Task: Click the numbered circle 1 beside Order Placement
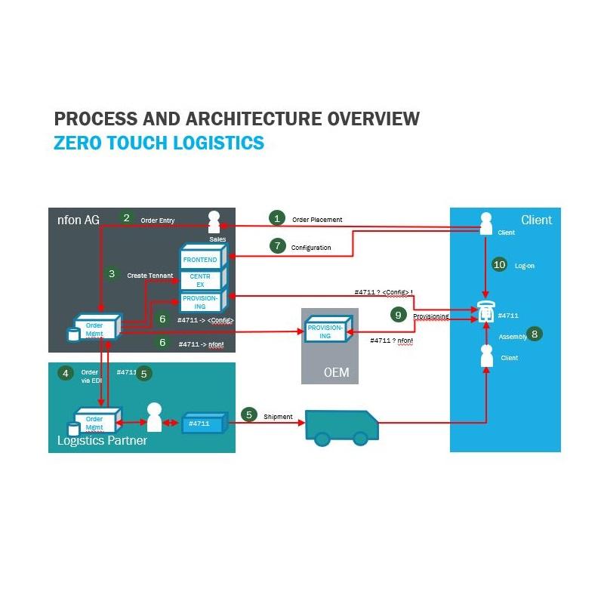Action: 277,218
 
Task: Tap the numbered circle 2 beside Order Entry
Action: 126,217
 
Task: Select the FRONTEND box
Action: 200,260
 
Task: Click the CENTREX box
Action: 200,280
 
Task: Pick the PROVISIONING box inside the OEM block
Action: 325,331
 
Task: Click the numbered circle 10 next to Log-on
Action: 499,264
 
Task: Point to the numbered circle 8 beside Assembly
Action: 535,333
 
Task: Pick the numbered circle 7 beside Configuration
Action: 277,245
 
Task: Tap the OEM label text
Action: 334,373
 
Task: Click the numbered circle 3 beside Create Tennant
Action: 112,274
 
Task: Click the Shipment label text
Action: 277,416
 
